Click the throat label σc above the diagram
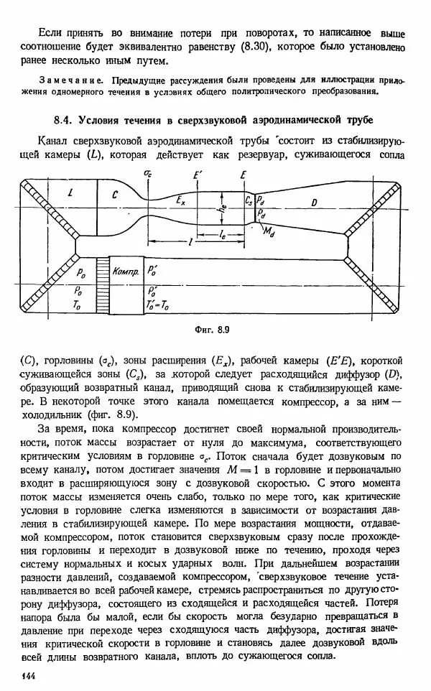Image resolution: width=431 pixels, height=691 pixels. tap(148, 175)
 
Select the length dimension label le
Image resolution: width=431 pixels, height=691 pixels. tap(224, 233)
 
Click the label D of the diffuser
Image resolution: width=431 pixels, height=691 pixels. tap(313, 203)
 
